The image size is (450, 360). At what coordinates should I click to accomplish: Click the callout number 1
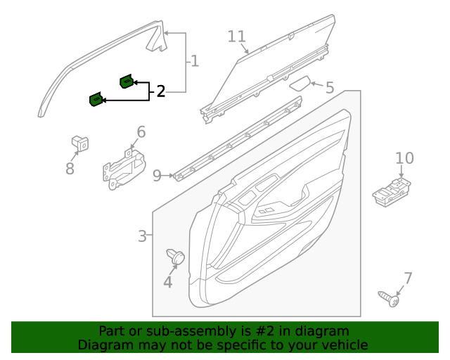click(194, 62)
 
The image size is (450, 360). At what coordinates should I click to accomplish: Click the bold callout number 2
click(161, 91)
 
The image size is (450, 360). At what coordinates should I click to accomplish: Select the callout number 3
click(142, 236)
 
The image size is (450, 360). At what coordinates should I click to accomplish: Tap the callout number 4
click(167, 282)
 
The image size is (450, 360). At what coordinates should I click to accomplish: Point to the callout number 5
click(329, 89)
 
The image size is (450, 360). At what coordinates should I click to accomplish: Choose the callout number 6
click(141, 131)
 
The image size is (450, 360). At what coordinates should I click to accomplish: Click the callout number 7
click(408, 278)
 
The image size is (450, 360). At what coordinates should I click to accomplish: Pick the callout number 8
click(70, 169)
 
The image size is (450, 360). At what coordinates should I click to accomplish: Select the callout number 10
click(404, 158)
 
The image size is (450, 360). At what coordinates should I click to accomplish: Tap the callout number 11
click(237, 37)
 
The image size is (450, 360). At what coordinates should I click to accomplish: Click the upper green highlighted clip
click(127, 82)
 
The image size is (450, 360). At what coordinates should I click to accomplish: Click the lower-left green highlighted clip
click(95, 100)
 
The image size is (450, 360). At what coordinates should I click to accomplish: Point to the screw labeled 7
click(388, 298)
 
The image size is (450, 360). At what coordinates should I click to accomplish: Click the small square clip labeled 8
click(79, 143)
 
